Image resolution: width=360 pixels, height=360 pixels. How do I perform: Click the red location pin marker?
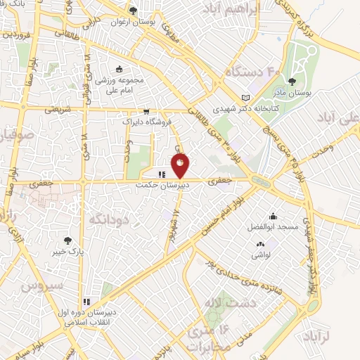coord(181,165)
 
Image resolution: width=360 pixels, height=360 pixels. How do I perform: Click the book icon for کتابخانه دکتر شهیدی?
coord(245,98)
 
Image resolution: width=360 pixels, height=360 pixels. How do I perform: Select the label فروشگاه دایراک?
coord(143,122)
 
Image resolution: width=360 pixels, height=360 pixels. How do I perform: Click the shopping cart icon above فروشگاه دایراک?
coord(146,110)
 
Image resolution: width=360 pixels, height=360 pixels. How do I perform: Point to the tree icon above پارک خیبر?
coord(67,240)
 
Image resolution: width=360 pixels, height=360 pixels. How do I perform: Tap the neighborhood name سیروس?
coord(42,285)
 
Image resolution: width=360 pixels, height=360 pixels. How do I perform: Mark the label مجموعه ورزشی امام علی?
coord(120,84)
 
